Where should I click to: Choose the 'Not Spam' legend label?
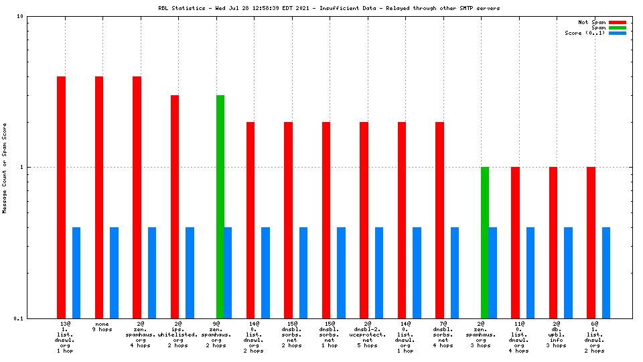(592, 22)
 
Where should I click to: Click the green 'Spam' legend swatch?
(617, 27)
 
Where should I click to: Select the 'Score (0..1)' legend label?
(585, 33)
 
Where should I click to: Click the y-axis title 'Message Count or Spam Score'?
(5, 168)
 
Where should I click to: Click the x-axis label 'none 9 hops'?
(102, 326)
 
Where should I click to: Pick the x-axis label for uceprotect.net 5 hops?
(367, 335)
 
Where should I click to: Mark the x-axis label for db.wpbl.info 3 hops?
(557, 335)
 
